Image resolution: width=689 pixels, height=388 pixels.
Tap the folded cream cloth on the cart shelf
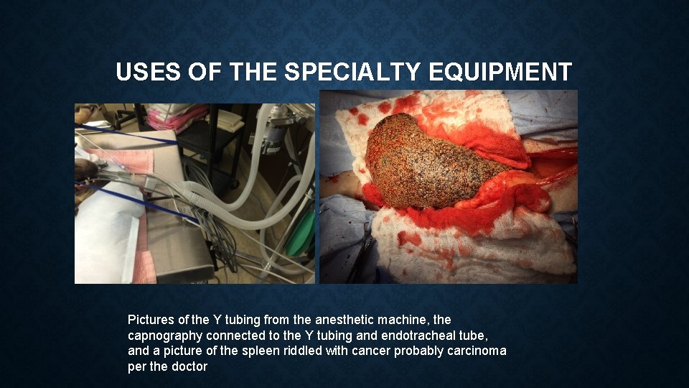(x=230, y=120)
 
